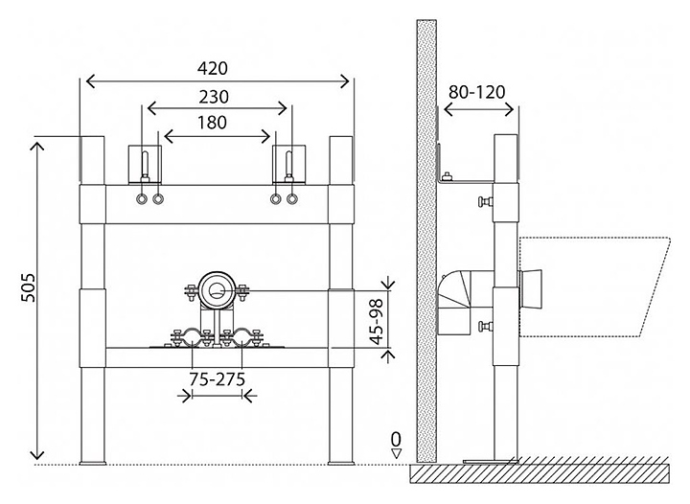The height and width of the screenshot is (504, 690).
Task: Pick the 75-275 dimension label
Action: point(215,379)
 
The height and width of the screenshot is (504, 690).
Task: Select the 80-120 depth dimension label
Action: point(476,93)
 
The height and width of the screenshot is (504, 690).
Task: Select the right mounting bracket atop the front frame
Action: point(287,165)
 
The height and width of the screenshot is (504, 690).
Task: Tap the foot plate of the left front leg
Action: point(93,464)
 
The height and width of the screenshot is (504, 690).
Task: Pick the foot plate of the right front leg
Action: point(342,464)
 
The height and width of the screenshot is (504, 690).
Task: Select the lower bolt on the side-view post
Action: point(486,329)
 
